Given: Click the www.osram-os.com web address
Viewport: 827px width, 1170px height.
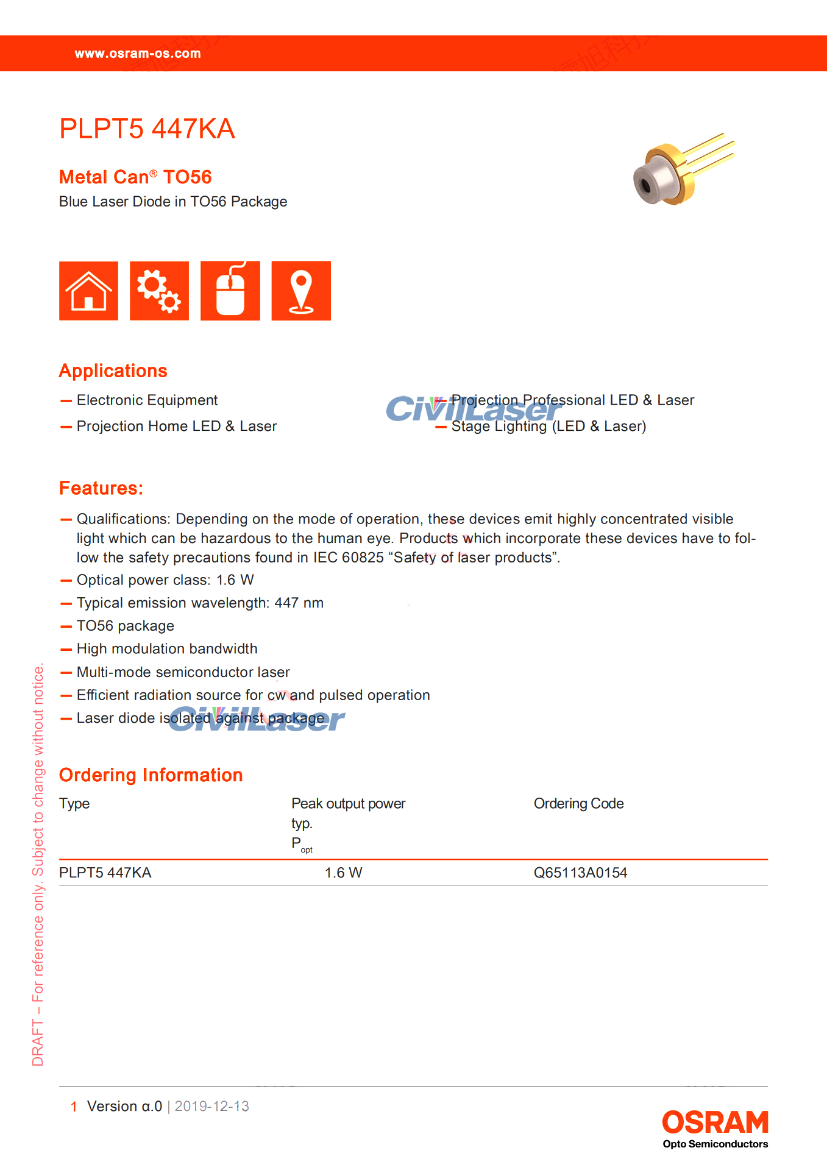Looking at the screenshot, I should (x=138, y=54).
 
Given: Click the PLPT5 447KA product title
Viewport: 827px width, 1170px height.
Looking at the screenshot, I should (x=147, y=129).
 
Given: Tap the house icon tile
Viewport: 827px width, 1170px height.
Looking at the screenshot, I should (x=89, y=291).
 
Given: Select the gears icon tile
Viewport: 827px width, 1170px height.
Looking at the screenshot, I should (x=159, y=291).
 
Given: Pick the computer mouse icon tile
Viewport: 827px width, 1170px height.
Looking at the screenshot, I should (x=230, y=291).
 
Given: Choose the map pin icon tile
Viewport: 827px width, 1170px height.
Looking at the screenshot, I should (x=301, y=291).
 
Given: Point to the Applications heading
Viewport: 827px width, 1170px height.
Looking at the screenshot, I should (x=113, y=371).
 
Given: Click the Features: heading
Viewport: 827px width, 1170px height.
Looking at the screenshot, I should (x=101, y=488).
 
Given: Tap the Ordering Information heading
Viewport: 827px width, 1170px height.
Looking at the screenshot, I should (x=151, y=775).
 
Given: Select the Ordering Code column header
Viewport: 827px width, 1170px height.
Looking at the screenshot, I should (x=578, y=804).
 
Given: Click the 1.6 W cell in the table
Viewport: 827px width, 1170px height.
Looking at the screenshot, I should (x=343, y=873).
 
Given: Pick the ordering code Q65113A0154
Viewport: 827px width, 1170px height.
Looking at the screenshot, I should (x=580, y=873).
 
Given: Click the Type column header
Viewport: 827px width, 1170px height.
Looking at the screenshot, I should (x=74, y=804).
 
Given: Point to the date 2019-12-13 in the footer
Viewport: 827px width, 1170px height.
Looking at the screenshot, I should (x=212, y=1106).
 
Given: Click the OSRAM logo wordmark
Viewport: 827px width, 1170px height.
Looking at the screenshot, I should (x=715, y=1122).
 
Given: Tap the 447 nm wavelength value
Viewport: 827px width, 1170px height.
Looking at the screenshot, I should (x=299, y=603).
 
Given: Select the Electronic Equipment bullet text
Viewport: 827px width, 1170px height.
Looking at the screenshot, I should (x=147, y=400).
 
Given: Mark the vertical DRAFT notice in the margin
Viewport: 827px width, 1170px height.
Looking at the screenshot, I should (x=38, y=865).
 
